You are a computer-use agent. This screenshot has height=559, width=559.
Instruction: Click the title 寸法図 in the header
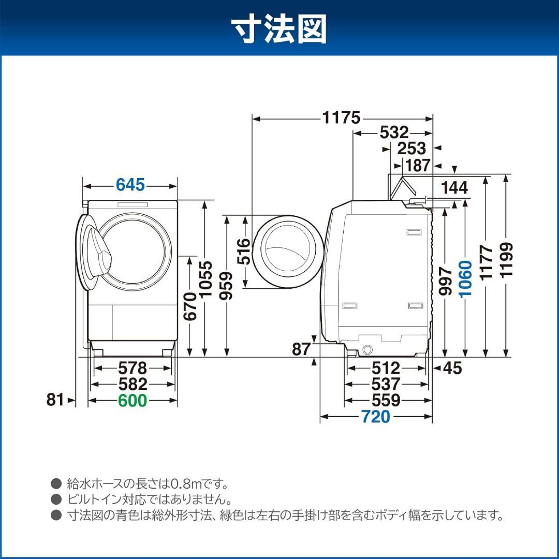coord(279,29)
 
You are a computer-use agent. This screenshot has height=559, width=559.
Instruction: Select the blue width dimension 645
coord(130,185)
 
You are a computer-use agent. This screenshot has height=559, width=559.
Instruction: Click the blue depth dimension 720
coord(375,416)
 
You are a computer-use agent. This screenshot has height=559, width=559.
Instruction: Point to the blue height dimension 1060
coord(465,278)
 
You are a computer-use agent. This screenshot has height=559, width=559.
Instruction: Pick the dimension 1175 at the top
coord(341,118)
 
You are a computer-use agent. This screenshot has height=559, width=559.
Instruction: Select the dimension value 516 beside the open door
coord(244,252)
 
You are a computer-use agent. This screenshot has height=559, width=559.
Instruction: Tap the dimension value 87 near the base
coord(301,349)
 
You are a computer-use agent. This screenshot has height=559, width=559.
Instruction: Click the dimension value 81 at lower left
coord(55,400)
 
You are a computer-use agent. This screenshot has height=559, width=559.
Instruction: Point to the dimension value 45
coord(452,368)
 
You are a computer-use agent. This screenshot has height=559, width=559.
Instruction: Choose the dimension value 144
coord(455,187)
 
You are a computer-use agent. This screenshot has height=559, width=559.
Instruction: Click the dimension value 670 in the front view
coord(190,306)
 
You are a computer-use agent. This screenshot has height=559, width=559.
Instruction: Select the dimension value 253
coord(411,149)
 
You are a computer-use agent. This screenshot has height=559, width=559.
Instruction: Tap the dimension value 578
coord(133,369)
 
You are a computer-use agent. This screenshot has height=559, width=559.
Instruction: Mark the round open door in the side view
coord(288,252)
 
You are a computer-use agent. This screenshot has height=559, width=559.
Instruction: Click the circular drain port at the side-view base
coord(368,348)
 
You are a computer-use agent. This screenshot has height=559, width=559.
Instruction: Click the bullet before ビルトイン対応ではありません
coord(56,499)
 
